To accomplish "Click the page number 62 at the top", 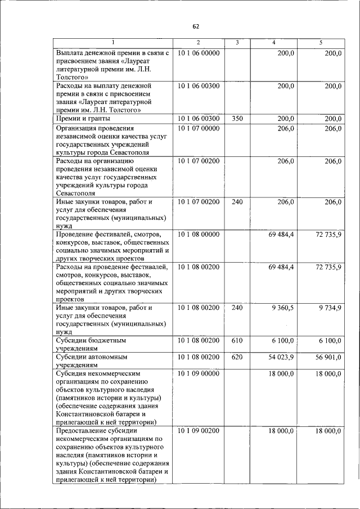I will pyautogui.click(x=196, y=26).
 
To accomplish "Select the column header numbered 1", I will pyautogui.click(x=113, y=43).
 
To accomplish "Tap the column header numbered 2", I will pyautogui.click(x=198, y=43).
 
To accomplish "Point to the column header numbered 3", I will pyautogui.click(x=237, y=43).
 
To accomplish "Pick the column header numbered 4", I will pyautogui.click(x=273, y=43).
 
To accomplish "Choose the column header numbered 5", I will pyautogui.click(x=321, y=43).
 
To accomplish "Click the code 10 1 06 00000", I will pyautogui.click(x=198, y=53).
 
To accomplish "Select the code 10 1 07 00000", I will pyautogui.click(x=198, y=129).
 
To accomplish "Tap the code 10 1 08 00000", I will pyautogui.click(x=198, y=233).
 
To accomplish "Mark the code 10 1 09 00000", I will pyautogui.click(x=198, y=373).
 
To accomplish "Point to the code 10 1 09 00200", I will pyautogui.click(x=198, y=431).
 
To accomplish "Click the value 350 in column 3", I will pyautogui.click(x=237, y=119).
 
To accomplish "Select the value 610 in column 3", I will pyautogui.click(x=237, y=341).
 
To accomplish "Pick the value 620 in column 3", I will pyautogui.click(x=237, y=357).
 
